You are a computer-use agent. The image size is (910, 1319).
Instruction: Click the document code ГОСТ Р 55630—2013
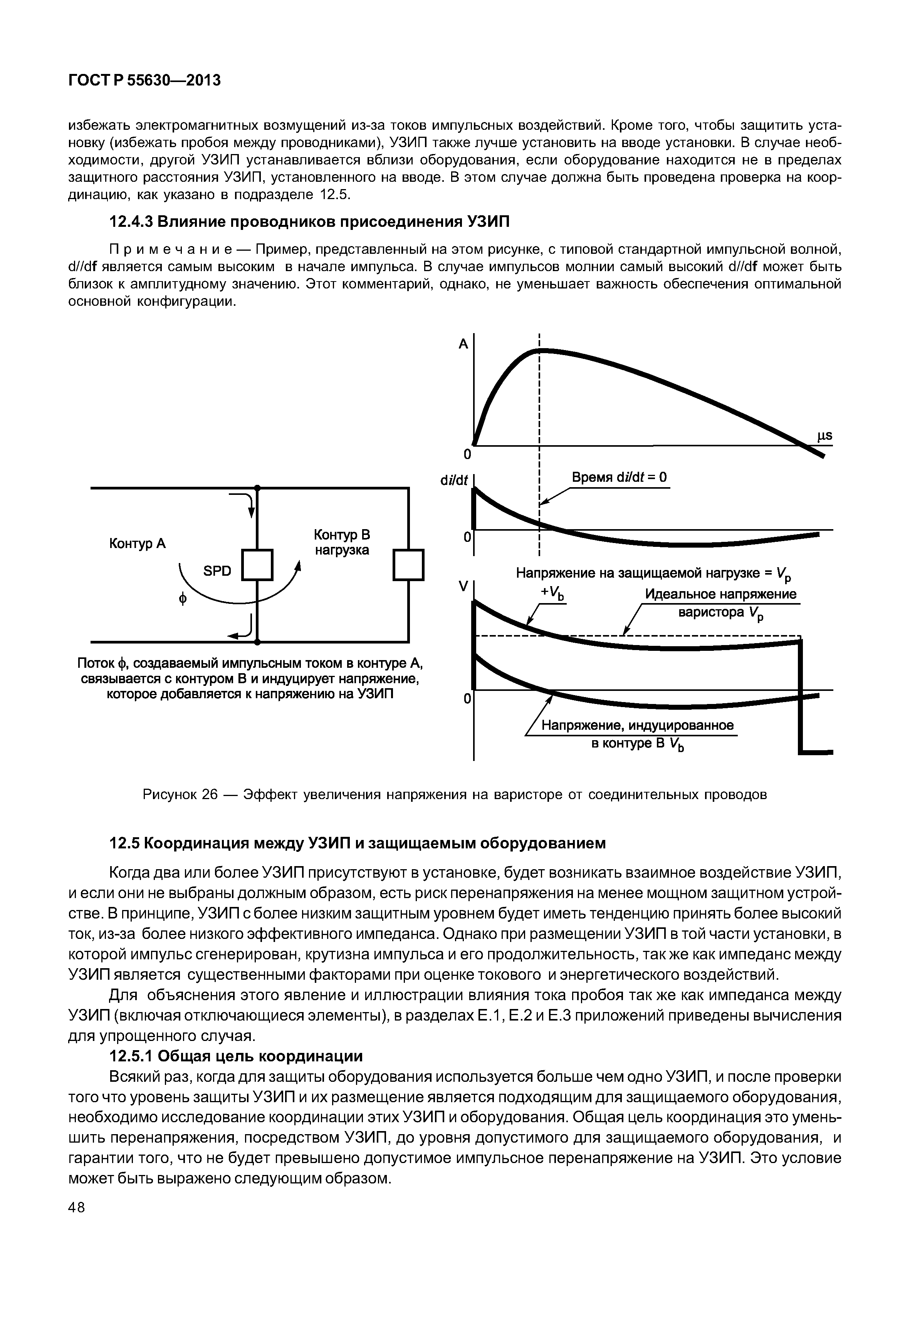pos(144,81)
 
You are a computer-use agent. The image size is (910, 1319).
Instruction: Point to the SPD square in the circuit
pos(258,564)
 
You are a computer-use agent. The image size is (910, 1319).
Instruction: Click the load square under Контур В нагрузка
pos(409,564)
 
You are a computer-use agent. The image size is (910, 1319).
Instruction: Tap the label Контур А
pos(138,544)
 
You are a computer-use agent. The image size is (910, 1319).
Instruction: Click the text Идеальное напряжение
pos(721,594)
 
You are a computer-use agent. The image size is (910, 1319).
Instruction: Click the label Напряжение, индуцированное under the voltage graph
pos(638,725)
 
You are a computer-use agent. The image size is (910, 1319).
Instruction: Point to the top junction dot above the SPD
pos(258,488)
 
